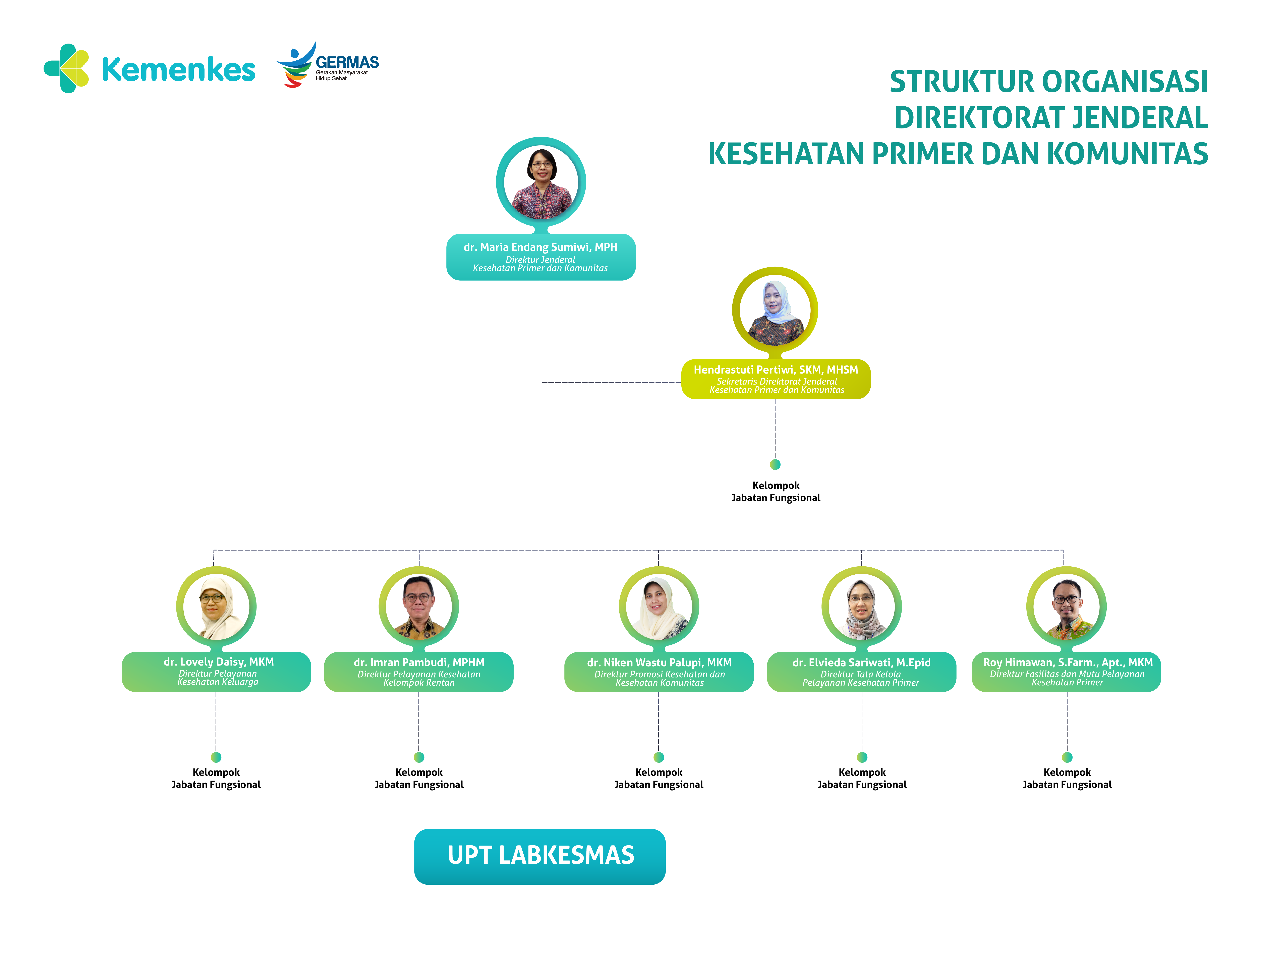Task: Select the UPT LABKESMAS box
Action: [x=540, y=856]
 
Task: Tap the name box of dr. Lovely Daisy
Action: [x=217, y=672]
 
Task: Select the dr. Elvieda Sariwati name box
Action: [x=861, y=672]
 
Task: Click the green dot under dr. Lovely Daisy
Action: [x=216, y=757]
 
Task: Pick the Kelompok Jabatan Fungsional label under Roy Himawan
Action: [x=1067, y=778]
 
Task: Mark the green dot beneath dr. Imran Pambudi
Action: [x=419, y=757]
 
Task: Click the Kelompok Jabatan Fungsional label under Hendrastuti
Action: [x=776, y=491]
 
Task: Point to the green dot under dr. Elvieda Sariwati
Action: [x=862, y=757]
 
